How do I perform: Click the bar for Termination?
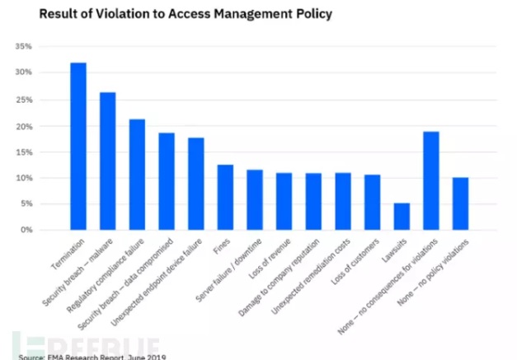(x=78, y=146)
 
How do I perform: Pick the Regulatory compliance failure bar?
(x=138, y=174)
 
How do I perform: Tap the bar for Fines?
(x=225, y=197)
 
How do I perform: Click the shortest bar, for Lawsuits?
(x=402, y=216)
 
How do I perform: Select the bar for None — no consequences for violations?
(x=431, y=180)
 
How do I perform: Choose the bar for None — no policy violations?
(x=461, y=203)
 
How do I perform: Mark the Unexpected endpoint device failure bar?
(x=196, y=183)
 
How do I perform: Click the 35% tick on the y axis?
(x=24, y=47)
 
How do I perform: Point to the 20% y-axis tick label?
(x=24, y=125)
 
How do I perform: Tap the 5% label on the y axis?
(x=26, y=203)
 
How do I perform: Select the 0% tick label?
(x=26, y=230)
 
